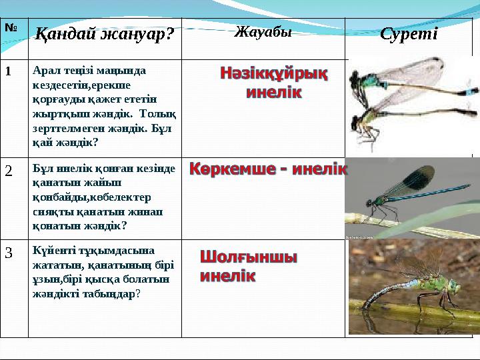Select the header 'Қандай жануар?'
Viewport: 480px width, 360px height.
tap(103, 35)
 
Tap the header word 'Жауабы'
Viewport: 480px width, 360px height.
tap(263, 31)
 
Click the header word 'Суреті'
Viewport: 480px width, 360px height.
tap(408, 34)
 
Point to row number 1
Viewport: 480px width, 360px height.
tap(10, 69)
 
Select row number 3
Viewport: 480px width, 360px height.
tap(9, 253)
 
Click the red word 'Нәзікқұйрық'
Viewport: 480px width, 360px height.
tap(274, 73)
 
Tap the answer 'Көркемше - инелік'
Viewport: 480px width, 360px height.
tap(268, 169)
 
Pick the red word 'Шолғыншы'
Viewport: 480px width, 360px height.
tap(249, 257)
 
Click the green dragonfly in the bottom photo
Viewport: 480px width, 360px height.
tap(413, 283)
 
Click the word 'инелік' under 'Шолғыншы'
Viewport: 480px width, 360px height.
tap(227, 275)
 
